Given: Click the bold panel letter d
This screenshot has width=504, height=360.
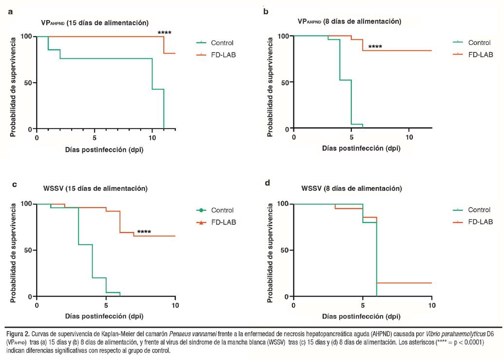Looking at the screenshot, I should (267, 184).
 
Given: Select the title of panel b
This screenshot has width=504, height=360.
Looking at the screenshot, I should (349, 21).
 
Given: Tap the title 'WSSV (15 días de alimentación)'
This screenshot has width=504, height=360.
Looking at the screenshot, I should (94, 189).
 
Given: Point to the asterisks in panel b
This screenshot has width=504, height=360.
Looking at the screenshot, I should (375, 47).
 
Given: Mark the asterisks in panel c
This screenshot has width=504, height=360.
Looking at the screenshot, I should (144, 232).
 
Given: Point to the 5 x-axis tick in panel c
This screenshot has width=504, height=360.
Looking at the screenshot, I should (106, 305).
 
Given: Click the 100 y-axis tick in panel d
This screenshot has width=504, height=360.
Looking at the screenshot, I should (282, 204).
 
